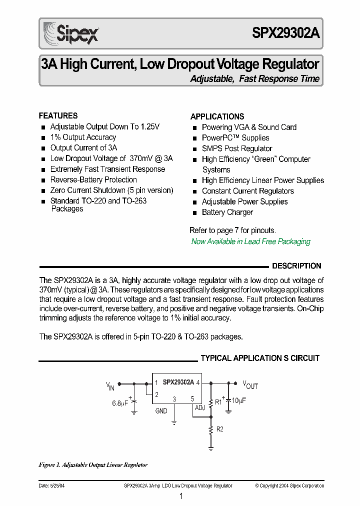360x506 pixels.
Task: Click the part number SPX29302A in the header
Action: tap(285, 33)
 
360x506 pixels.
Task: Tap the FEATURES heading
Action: tap(58, 115)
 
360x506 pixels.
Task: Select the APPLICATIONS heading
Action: tap(217, 116)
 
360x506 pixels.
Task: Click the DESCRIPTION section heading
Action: tap(296, 266)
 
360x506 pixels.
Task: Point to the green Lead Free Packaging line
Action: tap(250, 241)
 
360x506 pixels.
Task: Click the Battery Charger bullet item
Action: tap(227, 212)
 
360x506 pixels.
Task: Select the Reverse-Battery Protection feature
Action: tap(93, 179)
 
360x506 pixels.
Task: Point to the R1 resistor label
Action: tap(218, 401)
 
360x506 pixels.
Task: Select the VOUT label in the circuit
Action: tap(250, 384)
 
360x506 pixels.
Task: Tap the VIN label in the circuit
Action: tap(110, 385)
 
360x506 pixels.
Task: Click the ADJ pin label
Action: tap(200, 408)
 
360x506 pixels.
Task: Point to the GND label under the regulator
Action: tap(161, 410)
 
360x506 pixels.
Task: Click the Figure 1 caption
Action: tap(93, 465)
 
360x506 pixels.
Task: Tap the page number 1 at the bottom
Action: tap(181, 496)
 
